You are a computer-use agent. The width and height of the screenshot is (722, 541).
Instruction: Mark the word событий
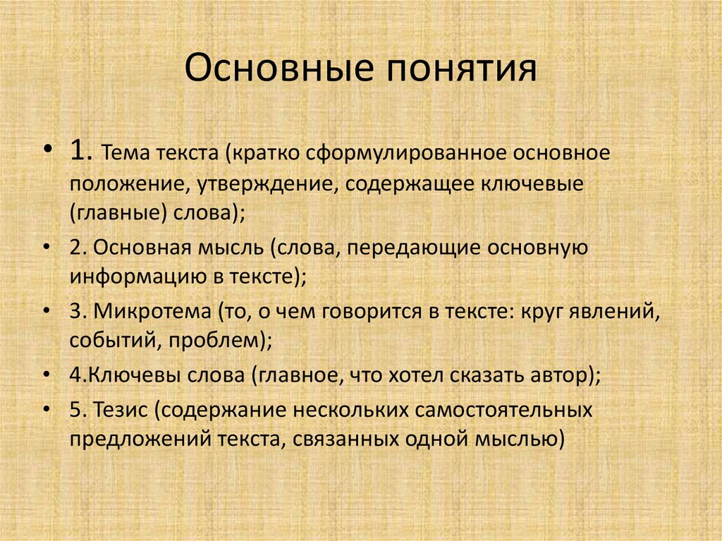click(106, 342)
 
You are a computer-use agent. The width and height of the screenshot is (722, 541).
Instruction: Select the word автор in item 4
click(561, 374)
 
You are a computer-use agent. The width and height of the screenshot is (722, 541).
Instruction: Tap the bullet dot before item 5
click(47, 409)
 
